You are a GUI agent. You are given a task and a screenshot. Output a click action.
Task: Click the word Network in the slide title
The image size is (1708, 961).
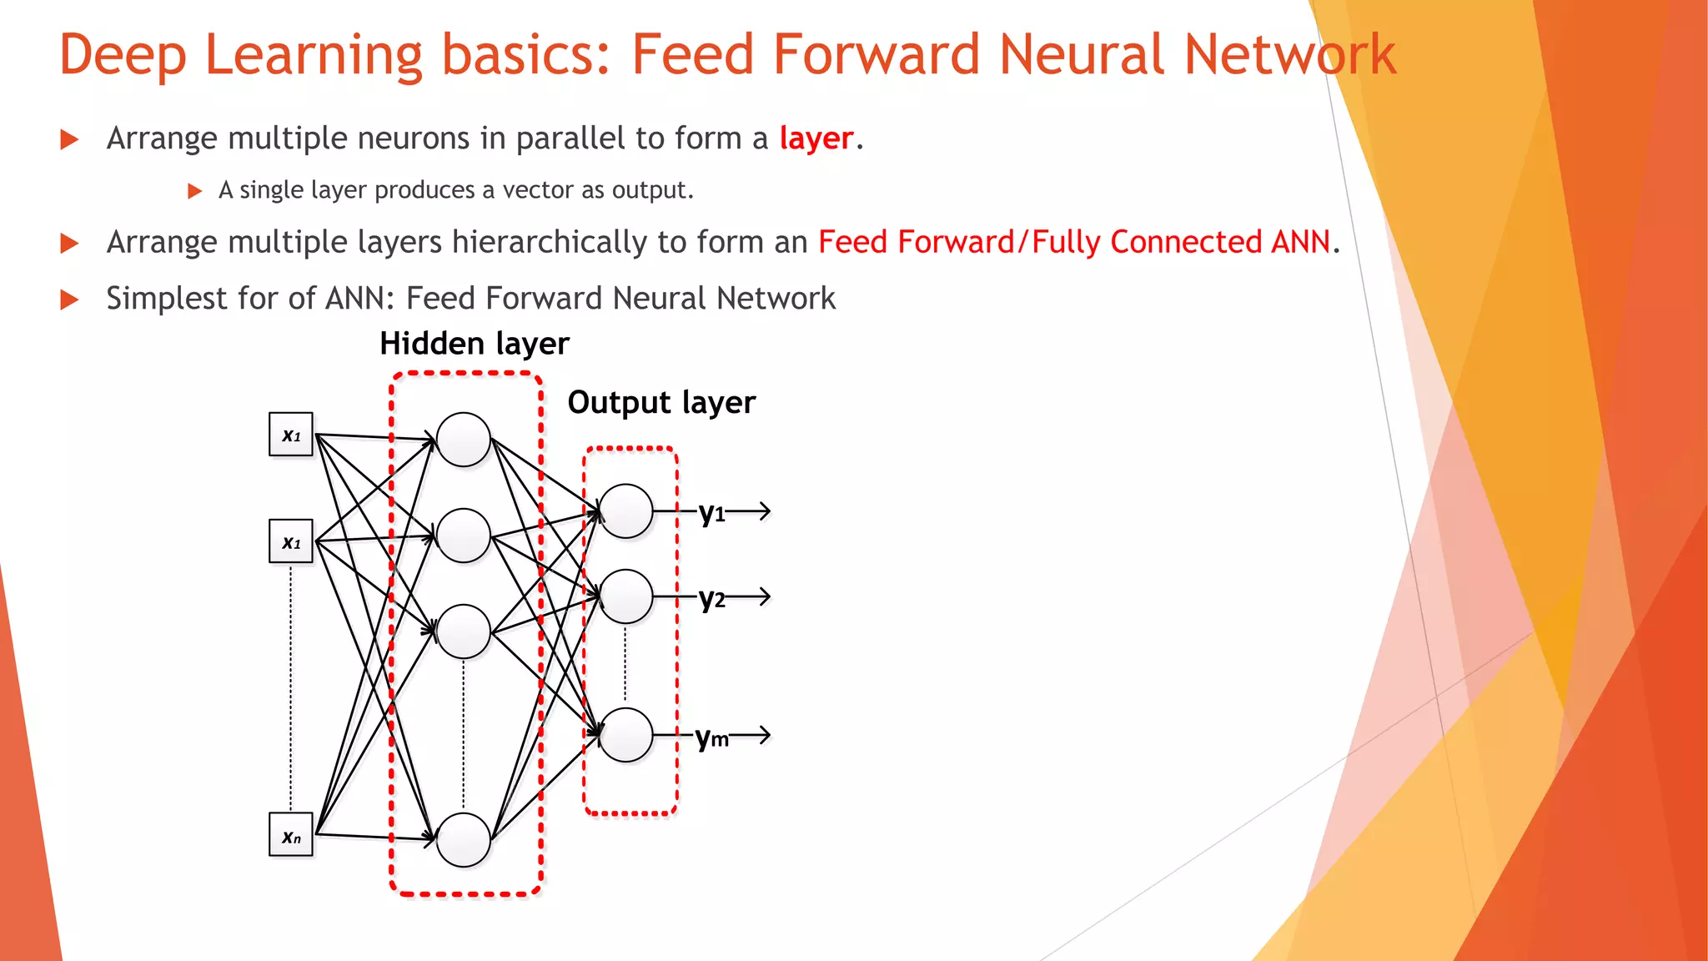[x=1289, y=55]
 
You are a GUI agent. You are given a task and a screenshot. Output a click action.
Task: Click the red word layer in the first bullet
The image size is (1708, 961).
[x=816, y=138]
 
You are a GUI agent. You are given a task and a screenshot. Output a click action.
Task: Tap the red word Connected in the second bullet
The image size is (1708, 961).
[x=1185, y=242]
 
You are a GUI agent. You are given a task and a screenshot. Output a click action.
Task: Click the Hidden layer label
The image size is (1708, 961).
[x=474, y=344]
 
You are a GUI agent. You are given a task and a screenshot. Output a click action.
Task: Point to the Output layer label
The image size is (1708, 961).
[x=661, y=403]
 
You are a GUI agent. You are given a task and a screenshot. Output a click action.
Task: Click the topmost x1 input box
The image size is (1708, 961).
[x=290, y=434]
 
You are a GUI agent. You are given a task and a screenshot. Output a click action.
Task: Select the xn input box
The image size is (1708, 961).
[x=290, y=835]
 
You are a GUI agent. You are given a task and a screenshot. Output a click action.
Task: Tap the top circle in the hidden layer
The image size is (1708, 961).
[x=463, y=440]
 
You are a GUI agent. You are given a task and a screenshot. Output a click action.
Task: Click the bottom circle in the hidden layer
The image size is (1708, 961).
[x=463, y=840]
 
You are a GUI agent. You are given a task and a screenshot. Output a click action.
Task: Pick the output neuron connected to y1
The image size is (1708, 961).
[x=625, y=511]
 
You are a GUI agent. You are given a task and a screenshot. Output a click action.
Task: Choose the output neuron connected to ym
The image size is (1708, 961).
[x=625, y=735]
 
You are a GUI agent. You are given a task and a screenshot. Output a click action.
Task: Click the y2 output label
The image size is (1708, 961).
[x=711, y=598]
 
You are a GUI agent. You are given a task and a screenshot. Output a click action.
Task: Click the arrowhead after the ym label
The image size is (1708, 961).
[x=762, y=735]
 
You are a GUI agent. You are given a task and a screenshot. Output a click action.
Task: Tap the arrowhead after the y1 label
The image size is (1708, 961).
[x=762, y=511]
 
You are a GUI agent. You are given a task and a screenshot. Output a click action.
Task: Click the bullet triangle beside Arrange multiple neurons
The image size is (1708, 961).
[x=70, y=139]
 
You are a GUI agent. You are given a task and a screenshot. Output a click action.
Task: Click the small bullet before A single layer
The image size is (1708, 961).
[x=195, y=191]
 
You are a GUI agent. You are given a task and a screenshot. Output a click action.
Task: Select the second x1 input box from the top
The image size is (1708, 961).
[x=290, y=541]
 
